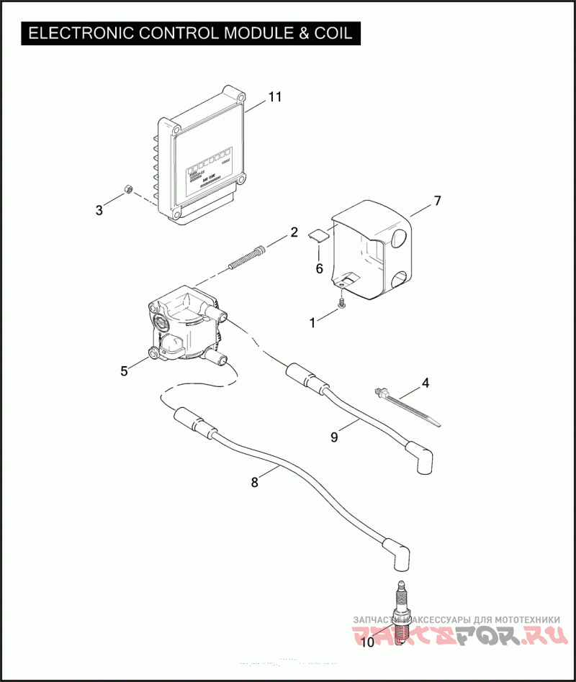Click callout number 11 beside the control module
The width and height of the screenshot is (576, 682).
pos(275,97)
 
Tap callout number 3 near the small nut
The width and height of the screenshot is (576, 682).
pos(99,209)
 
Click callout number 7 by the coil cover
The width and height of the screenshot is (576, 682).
pos(437,201)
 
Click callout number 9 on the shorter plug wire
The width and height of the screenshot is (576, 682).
pos(333,436)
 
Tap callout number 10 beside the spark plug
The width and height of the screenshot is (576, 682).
pos(366,642)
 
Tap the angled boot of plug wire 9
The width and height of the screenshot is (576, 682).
pos(423,460)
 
